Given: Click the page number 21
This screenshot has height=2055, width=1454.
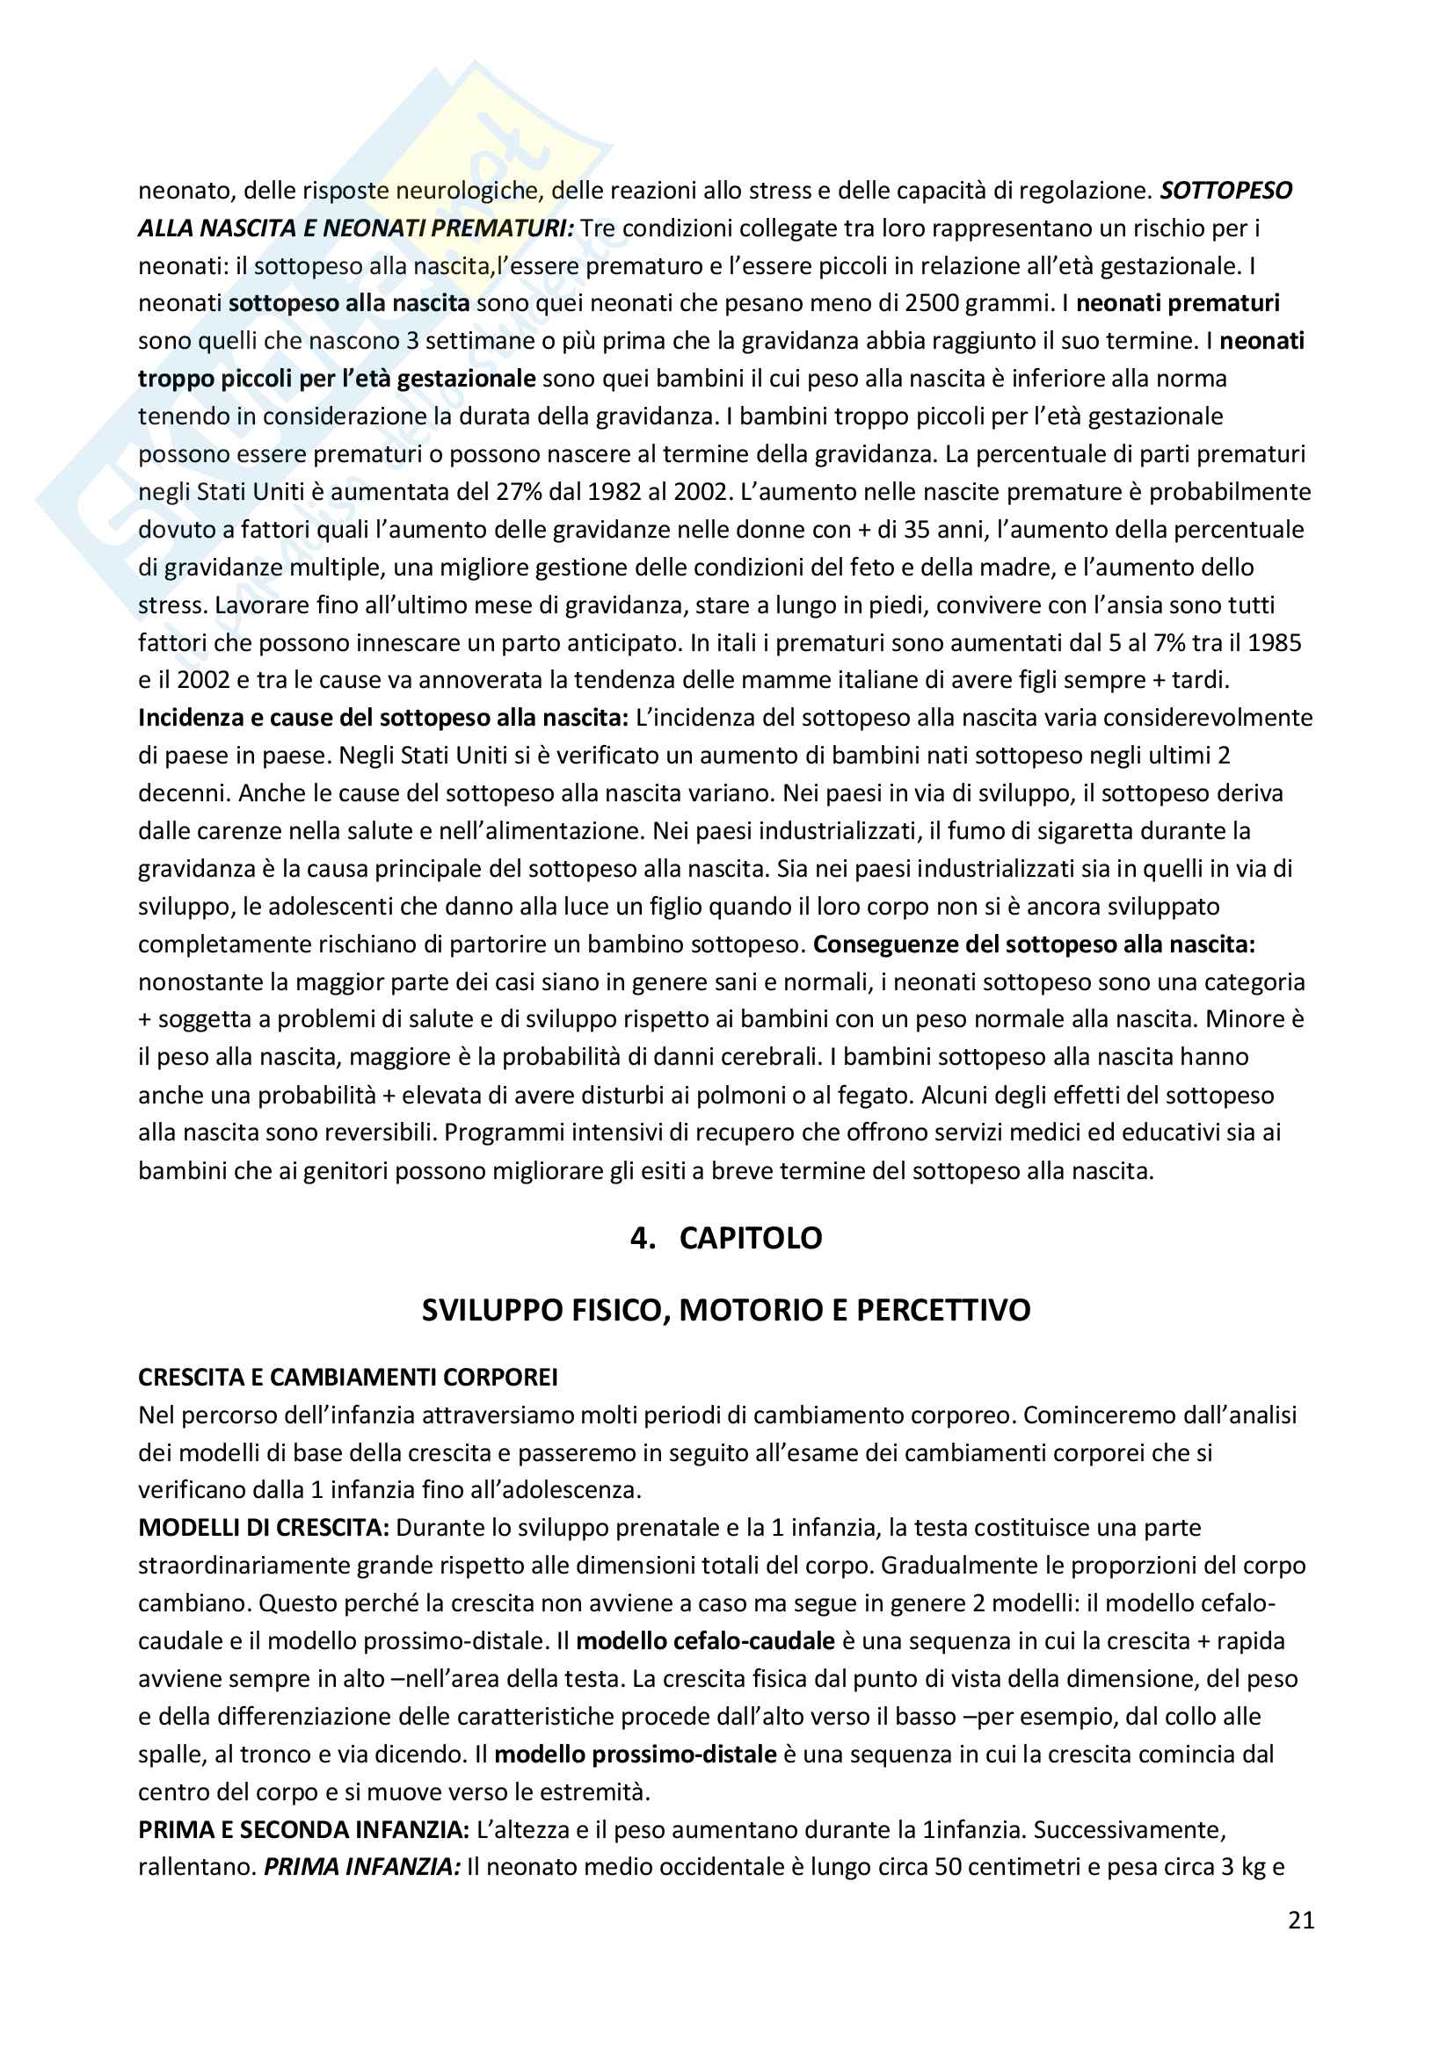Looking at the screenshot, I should coord(1301,1920).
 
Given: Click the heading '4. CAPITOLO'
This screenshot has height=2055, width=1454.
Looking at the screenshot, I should coord(726,1238).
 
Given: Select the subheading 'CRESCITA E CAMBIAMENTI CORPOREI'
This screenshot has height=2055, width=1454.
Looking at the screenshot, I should coord(347,1377).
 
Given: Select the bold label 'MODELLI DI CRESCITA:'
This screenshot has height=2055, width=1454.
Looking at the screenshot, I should coord(263,1528).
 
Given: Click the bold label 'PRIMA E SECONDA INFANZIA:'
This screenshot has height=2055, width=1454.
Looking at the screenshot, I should coord(303,1829).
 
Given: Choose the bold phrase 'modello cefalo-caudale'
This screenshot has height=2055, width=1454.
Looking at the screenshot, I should coord(706,1640).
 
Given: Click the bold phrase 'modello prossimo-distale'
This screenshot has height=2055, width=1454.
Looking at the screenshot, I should coord(635,1754).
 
